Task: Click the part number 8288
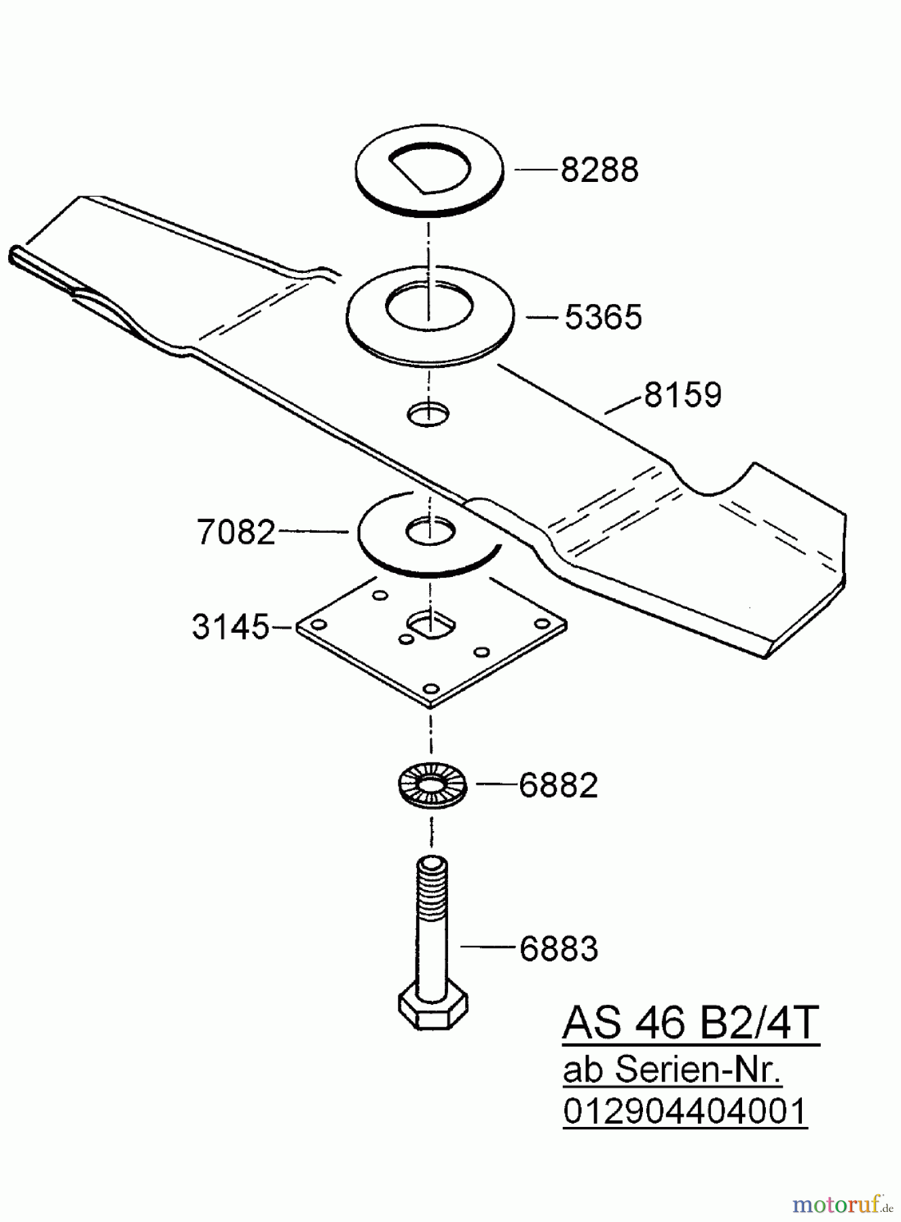599,170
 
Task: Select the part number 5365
603,317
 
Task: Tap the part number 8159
682,395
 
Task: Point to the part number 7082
236,532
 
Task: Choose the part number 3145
231,627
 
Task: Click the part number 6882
558,785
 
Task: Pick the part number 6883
558,948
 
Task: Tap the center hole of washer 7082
429,532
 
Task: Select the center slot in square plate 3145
430,623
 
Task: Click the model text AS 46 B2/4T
691,1024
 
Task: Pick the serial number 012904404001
684,1112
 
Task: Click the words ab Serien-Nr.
672,1071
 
